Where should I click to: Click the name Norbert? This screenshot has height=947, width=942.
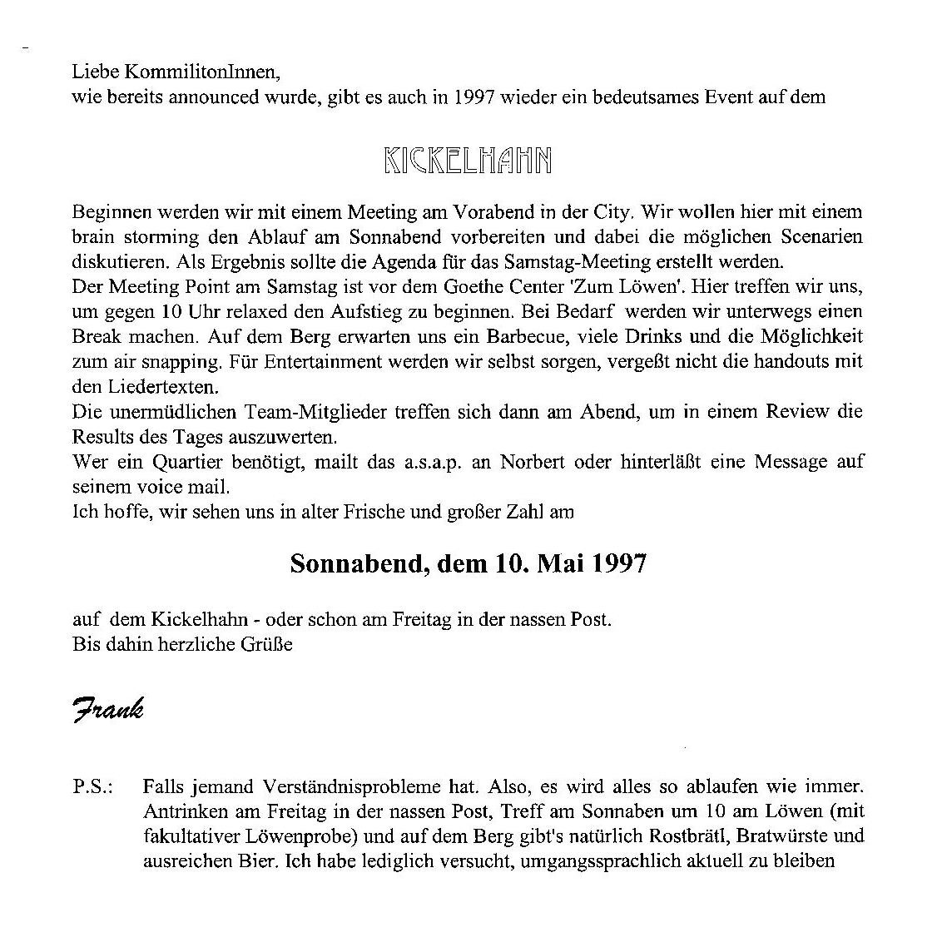click(x=532, y=461)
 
